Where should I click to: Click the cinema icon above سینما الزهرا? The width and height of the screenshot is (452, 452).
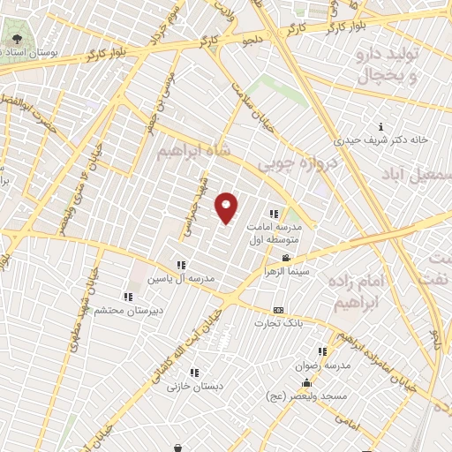(x=284, y=258)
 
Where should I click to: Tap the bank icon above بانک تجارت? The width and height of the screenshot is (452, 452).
(x=279, y=311)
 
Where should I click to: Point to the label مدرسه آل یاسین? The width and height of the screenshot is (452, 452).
(x=180, y=278)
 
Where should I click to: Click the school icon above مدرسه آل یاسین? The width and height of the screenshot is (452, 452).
(x=181, y=264)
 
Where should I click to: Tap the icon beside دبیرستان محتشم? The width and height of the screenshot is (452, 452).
(x=127, y=298)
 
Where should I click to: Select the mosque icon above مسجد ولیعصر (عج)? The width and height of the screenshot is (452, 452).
(x=306, y=382)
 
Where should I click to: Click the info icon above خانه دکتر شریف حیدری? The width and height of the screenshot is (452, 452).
(x=380, y=126)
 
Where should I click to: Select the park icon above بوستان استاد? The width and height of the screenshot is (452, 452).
(x=19, y=39)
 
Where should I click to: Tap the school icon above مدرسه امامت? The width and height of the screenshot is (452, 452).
(x=273, y=213)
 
